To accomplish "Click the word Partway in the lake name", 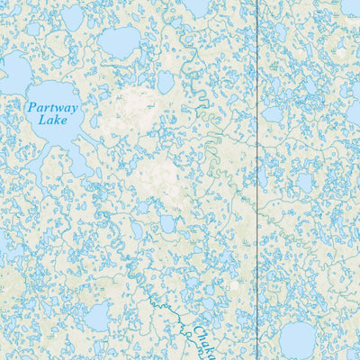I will click(x=52, y=108).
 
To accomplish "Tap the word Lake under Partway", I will click(x=52, y=120).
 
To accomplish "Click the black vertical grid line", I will click(x=258, y=180).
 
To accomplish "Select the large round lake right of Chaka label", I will click(x=297, y=339).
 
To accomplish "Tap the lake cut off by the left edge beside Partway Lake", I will click(x=11, y=72).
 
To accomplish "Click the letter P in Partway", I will click(x=31, y=107).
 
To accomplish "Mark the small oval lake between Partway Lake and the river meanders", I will click(x=166, y=82).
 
